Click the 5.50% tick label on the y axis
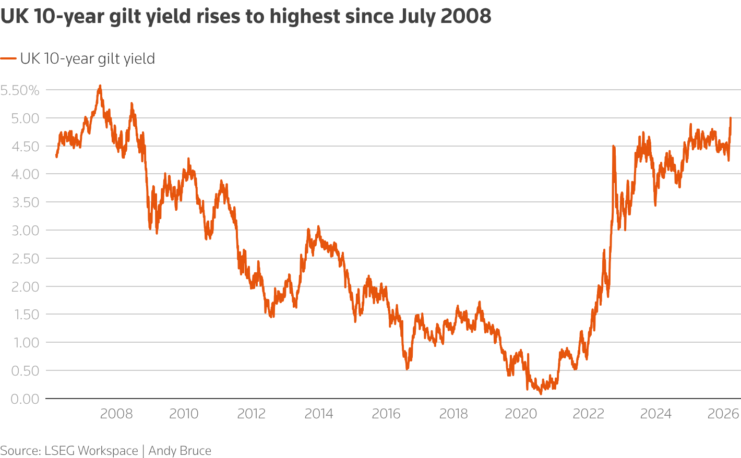pos(20,90)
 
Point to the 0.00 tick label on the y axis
pos(20,399)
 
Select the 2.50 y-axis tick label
pos(20,259)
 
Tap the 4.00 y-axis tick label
pos(20,174)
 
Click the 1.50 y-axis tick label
pos(20,315)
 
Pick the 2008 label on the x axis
pos(116,414)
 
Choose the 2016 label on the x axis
pos(386,414)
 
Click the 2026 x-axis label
pos(723,414)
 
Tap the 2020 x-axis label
pos(521,414)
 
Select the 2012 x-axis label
pos(252,414)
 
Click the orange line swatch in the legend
pos(8,58)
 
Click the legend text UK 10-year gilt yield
pos(87,58)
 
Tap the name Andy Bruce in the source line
pos(180,451)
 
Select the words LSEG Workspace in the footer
pos(92,451)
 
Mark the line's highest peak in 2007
pos(100,86)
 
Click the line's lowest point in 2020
pos(540,393)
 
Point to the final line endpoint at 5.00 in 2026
pos(731,118)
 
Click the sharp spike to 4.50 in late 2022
pos(613,147)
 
